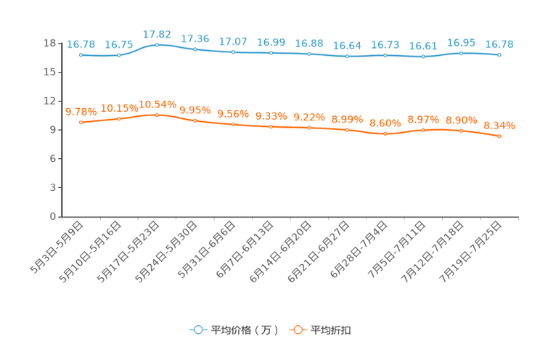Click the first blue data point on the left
coord(81,54)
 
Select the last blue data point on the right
coord(499,54)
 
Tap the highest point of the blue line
coord(157,44)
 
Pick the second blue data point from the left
coord(118,55)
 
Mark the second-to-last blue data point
coord(461,52)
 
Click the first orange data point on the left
coord(81,123)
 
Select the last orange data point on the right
coord(499,136)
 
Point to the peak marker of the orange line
coord(157,115)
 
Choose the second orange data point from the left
coord(118,118)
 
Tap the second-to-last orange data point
coord(461,131)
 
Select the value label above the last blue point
coord(499,44)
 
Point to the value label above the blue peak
coord(157,34)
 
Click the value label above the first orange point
coord(81,112)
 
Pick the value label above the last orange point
coord(499,126)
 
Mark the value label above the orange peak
coord(157,105)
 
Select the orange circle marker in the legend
coord(297,330)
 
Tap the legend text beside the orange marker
coord(331,330)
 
